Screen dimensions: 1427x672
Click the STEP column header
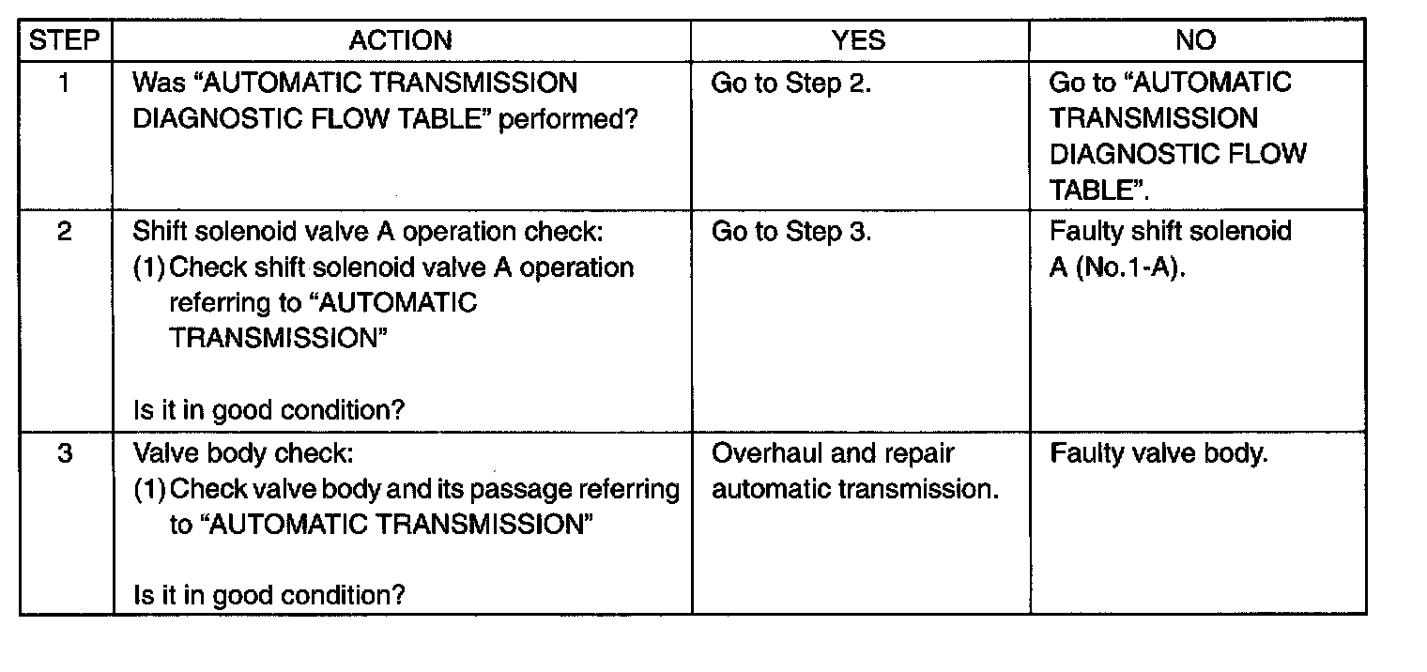65,40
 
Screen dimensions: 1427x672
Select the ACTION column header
401,40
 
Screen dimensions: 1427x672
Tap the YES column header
858,40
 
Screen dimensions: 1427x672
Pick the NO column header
1196,40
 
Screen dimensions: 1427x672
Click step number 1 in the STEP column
64,83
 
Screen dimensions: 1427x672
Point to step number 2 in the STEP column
65,231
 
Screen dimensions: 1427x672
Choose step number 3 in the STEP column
65,453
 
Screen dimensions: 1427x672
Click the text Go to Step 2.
790,84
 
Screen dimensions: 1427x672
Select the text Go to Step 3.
791,232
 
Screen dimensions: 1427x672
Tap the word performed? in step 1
568,119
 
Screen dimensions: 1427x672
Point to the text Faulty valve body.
1158,453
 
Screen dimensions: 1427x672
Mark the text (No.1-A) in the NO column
1130,267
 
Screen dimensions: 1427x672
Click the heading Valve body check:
243,453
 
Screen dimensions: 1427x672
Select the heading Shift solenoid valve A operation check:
368,232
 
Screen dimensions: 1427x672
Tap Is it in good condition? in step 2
269,410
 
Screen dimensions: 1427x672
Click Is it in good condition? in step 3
269,596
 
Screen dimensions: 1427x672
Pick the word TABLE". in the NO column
1099,190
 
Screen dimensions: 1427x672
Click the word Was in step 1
159,83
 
